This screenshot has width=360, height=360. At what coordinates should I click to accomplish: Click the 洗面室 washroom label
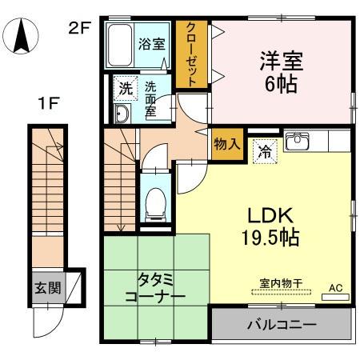pos(150,98)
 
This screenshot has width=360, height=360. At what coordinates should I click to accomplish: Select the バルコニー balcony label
pos(281,326)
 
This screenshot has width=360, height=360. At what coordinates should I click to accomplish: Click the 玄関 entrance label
pos(47,287)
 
